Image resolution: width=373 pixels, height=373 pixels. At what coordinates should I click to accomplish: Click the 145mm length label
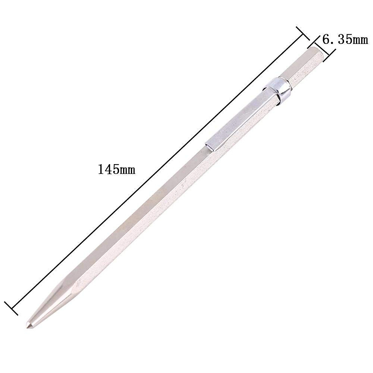click(x=117, y=169)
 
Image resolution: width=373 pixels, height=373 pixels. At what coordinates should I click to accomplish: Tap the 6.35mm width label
click(x=345, y=40)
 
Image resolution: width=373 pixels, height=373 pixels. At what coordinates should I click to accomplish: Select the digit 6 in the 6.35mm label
click(x=326, y=40)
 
